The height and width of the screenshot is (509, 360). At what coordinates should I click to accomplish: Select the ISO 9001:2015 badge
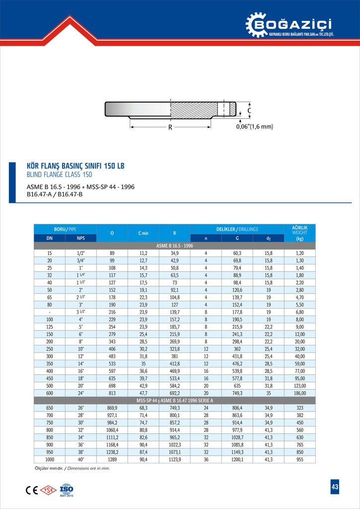66,489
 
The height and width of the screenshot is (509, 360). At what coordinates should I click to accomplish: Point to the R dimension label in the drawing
170,127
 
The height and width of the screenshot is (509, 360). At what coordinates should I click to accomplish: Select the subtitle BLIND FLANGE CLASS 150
59,174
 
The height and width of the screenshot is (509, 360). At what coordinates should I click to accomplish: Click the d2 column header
269,238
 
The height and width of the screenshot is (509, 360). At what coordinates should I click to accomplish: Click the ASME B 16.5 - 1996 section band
174,246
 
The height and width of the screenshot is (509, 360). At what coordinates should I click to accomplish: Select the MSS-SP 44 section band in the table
174,400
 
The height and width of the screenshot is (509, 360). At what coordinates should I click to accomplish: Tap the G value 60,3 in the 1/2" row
237,253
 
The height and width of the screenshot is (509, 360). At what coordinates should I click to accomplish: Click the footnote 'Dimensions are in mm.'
92,468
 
